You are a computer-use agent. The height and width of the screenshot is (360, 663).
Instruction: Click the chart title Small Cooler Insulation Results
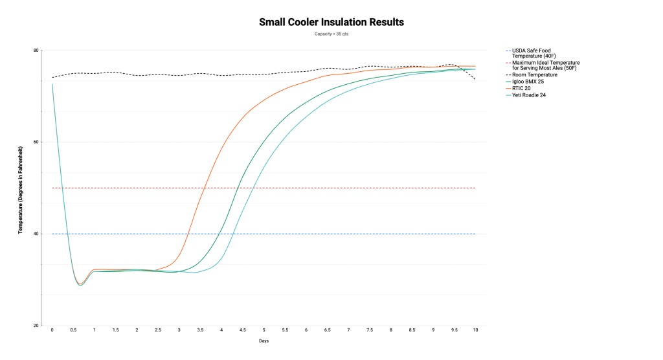click(331, 22)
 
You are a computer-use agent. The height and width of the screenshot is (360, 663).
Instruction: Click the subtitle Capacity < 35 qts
click(331, 34)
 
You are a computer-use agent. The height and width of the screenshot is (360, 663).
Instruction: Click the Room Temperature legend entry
click(534, 74)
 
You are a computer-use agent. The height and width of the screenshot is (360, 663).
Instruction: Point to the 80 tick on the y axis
click(37, 51)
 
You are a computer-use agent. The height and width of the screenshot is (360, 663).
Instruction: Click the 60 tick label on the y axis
click(37, 142)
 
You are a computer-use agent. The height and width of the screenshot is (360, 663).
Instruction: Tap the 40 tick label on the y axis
click(37, 234)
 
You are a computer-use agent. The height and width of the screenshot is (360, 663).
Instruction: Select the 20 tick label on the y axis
click(37, 326)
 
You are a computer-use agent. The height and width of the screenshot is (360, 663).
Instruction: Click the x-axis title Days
click(264, 341)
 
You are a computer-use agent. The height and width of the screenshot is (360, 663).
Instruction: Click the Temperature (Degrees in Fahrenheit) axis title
click(21, 188)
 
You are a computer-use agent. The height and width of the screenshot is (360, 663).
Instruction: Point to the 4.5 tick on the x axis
click(243, 330)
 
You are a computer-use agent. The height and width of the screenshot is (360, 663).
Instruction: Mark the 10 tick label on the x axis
click(476, 330)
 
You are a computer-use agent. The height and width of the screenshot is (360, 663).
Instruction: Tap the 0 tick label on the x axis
click(52, 330)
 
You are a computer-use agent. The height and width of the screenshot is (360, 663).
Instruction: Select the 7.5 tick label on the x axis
click(370, 330)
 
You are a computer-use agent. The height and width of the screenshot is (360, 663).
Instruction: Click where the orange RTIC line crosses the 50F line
click(205, 188)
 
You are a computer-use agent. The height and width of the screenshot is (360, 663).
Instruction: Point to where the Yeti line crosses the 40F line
click(233, 234)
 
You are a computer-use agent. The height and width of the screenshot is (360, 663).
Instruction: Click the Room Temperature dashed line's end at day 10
click(476, 80)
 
